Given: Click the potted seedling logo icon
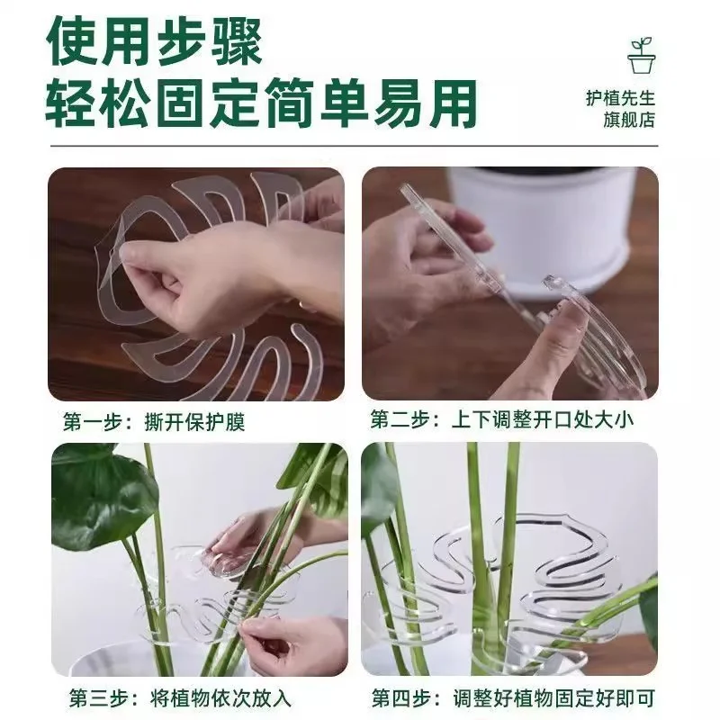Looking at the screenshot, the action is tap(642, 55).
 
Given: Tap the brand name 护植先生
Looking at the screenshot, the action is tap(620, 98).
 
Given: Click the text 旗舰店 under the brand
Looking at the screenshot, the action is tap(628, 120).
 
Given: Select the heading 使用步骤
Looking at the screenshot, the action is tap(154, 41).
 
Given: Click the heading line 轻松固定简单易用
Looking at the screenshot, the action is tap(261, 103).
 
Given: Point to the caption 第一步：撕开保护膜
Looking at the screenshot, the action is tap(154, 422).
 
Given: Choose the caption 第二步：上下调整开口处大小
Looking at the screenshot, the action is tap(502, 419).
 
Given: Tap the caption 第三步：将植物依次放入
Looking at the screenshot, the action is tap(180, 698).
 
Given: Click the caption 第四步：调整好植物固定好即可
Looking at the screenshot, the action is tap(513, 698).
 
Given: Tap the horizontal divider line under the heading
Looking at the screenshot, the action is tap(354, 147).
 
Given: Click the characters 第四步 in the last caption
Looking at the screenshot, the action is tap(401, 698).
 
